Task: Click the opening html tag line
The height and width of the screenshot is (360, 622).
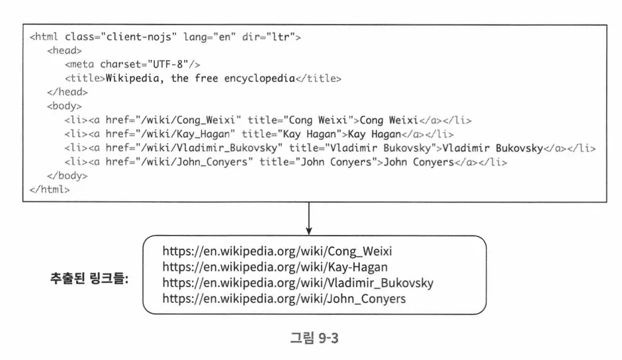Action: [165, 37]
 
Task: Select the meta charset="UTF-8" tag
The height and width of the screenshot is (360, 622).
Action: [132, 64]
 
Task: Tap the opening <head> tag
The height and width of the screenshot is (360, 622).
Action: [64, 50]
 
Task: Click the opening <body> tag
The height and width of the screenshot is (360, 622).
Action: [64, 106]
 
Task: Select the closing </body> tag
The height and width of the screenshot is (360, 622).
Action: [67, 176]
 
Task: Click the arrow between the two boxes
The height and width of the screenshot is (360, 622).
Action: [309, 218]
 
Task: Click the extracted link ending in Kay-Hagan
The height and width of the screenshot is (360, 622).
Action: [275, 267]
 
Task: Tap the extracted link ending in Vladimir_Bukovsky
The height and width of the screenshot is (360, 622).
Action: [298, 283]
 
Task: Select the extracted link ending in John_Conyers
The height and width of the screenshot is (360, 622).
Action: [284, 299]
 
